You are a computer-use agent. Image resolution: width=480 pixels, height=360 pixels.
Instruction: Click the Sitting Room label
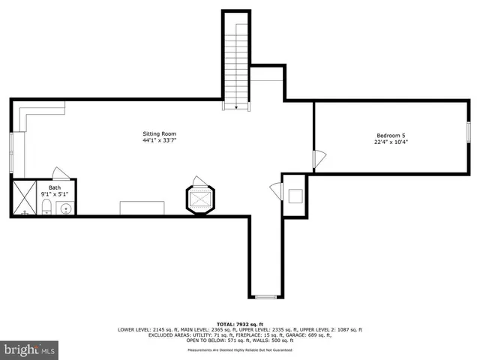pos(160,133)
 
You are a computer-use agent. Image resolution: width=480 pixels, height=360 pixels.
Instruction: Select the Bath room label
pos(55,187)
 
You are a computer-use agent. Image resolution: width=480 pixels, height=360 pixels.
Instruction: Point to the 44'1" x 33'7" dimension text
pos(160,140)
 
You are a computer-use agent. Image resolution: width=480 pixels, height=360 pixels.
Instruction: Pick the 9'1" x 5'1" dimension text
pos(55,194)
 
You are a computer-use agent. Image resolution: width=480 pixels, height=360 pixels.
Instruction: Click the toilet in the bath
pos(46,207)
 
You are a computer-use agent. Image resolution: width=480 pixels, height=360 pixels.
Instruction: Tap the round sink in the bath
pos(65,209)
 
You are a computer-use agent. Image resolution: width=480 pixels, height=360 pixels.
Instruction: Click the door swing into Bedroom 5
pos(320,159)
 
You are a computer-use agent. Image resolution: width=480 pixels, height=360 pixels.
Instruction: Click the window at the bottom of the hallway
pos(265,296)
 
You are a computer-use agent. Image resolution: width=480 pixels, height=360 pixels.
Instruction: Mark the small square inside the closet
pos(295,196)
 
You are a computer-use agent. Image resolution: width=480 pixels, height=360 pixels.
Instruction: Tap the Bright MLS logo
pos(29,349)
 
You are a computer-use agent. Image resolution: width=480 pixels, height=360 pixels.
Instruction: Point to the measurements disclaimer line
pos(239,349)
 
